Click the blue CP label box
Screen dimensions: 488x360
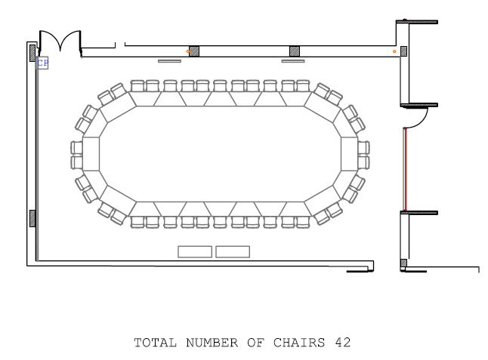pyautogui.click(x=42, y=63)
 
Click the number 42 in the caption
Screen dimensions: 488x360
pyautogui.click(x=343, y=343)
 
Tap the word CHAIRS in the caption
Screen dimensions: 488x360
pyautogui.click(x=299, y=343)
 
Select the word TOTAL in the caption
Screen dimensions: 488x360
pyautogui.click(x=156, y=343)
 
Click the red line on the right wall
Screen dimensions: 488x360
pyautogui.click(x=406, y=169)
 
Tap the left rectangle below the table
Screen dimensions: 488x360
pyautogui.click(x=195, y=252)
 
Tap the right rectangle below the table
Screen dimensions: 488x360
pyautogui.click(x=233, y=252)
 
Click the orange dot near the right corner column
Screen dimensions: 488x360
pyautogui.click(x=394, y=51)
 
